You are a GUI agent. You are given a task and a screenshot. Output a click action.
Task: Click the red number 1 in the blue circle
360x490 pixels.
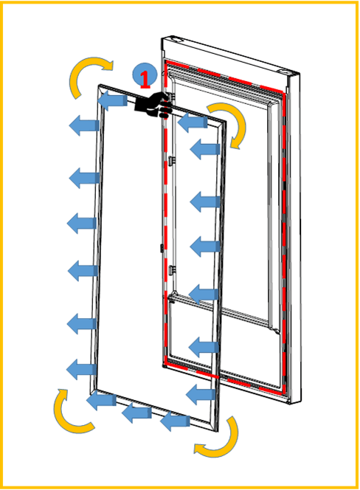tap(145, 79)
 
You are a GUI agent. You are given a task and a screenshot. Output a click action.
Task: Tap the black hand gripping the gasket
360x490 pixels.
tap(153, 105)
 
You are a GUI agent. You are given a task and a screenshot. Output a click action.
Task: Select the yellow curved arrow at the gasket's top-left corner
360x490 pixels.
tap(89, 75)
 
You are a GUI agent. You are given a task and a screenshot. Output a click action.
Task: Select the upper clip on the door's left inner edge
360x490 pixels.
tap(171, 161)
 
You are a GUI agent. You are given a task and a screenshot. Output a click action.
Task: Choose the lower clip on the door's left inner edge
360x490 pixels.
tap(171, 270)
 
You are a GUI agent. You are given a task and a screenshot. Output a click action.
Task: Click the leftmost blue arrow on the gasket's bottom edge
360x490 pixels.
tap(101, 401)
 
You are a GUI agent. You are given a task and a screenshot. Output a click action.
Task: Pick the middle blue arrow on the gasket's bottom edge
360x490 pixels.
tap(136, 413)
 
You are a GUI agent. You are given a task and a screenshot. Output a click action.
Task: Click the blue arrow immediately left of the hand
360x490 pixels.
tap(112, 100)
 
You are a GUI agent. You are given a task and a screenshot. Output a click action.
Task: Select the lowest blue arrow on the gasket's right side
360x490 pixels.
tap(201, 394)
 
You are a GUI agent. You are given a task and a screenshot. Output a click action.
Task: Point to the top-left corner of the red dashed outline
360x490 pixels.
tap(165, 61)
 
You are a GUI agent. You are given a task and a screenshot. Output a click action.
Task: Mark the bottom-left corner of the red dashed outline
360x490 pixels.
tap(165, 365)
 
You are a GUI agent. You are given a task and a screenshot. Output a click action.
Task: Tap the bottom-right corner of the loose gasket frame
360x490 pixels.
tap(217, 431)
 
